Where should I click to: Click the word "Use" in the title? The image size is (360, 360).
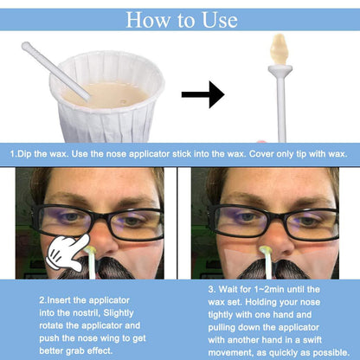click(220, 20)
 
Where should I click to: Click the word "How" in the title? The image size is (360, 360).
click(148, 20)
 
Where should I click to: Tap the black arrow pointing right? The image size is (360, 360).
click(203, 94)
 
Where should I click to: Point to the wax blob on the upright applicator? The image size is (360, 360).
click(278, 49)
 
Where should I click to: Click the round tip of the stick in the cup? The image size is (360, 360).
click(25, 45)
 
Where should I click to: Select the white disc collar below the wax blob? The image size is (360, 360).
click(280, 68)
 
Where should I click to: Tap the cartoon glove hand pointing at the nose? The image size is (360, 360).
click(68, 252)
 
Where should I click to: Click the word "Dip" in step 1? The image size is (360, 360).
click(23, 154)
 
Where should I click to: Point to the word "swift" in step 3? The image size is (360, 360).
click(312, 340)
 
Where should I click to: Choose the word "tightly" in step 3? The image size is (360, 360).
click(221, 315)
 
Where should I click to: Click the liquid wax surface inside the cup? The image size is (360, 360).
click(107, 94)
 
